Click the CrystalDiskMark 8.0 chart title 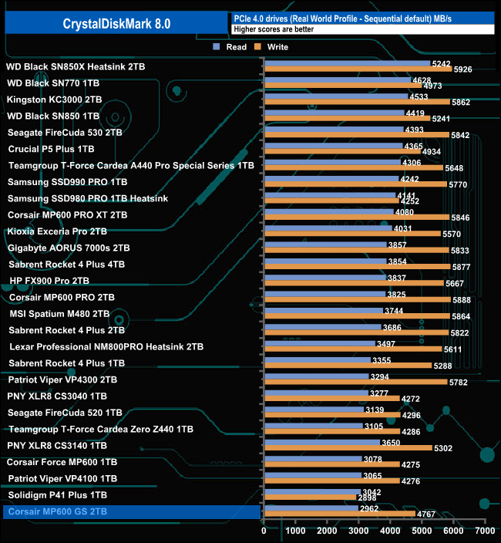(x=116, y=24)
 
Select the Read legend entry (x=230, y=47)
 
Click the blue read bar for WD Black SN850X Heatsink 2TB (x=347, y=64)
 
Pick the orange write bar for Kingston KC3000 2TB (x=356, y=103)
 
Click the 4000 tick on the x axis (x=390, y=531)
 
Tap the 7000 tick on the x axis (x=484, y=531)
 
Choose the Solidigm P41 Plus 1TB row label (x=57, y=494)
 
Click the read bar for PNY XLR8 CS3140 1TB (x=321, y=442)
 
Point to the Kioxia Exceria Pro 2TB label (x=57, y=231)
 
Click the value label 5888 (x=462, y=300)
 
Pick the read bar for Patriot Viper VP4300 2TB (x=316, y=376)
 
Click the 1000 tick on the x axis (x=295, y=531)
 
